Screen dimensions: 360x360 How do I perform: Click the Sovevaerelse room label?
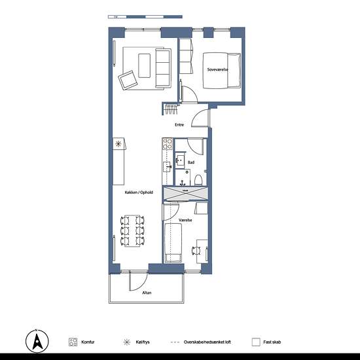(218, 69)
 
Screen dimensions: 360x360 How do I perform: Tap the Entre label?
(179, 124)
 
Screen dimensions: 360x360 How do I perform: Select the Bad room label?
(191, 162)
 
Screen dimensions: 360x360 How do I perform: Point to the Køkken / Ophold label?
(139, 192)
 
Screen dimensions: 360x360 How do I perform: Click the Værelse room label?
(185, 220)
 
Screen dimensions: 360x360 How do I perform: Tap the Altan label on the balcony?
(147, 293)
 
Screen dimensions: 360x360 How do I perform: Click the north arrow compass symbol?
(37, 341)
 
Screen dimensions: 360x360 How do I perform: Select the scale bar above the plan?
(145, 17)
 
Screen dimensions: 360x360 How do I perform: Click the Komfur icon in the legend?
(73, 342)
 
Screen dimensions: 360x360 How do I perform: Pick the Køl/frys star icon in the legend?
(127, 342)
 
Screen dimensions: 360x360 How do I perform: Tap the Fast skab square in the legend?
(256, 342)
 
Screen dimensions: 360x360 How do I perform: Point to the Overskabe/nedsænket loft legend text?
(207, 342)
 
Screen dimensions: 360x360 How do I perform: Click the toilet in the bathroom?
(198, 181)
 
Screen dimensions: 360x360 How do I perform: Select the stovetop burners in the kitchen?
(168, 144)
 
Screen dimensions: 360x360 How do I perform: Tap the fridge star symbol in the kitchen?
(118, 144)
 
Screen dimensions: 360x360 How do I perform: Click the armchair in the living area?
(128, 80)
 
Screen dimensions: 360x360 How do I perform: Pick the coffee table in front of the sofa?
(145, 65)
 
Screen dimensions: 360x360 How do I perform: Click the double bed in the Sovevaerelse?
(222, 71)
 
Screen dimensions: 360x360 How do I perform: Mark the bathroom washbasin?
(181, 161)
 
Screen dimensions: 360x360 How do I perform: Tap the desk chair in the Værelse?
(196, 251)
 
